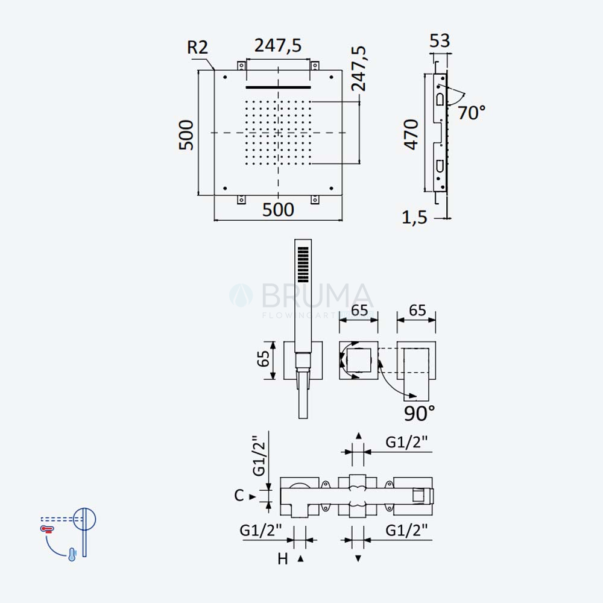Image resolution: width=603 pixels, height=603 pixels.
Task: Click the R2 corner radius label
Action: [197, 47]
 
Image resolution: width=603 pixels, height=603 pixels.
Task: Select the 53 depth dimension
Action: [440, 40]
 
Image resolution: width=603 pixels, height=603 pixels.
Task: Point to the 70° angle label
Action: [472, 113]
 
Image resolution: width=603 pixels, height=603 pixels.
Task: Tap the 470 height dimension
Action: [411, 134]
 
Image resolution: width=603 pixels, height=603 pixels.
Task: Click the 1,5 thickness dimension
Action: [415, 218]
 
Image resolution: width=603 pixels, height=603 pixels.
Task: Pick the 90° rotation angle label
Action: [419, 414]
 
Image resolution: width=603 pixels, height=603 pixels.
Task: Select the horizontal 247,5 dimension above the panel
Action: [278, 45]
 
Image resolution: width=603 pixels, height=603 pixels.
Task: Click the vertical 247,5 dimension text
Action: [359, 69]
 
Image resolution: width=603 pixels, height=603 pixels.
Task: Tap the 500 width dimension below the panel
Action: [278, 210]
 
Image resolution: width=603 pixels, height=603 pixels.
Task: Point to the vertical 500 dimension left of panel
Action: [186, 134]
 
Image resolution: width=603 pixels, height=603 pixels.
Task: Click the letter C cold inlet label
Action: [239, 495]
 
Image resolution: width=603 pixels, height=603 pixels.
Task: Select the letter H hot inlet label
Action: [283, 559]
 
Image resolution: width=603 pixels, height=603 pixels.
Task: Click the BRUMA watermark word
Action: [317, 295]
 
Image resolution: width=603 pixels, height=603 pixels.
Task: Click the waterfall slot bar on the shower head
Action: [278, 87]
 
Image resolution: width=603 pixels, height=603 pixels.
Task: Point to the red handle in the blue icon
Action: [47, 529]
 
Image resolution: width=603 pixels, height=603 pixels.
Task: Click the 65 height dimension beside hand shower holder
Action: [264, 359]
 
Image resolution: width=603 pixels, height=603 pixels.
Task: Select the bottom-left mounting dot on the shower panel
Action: [225, 188]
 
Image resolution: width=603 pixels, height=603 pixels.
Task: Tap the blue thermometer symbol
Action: [72, 555]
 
